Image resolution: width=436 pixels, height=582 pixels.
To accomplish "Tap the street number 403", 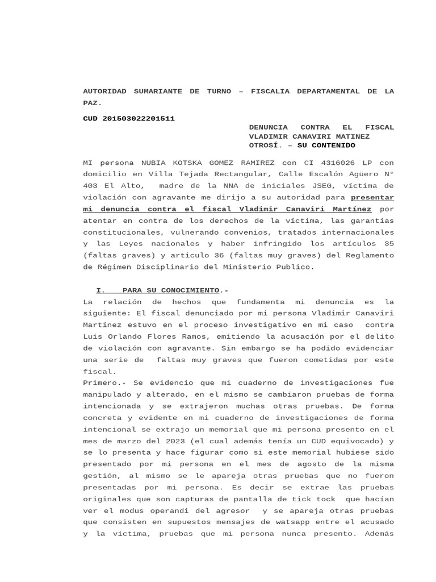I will [x=90, y=185].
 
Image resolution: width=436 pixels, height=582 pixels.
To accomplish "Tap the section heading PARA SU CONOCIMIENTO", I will [x=170, y=290].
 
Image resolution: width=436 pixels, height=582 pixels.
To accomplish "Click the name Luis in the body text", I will [x=93, y=325].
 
